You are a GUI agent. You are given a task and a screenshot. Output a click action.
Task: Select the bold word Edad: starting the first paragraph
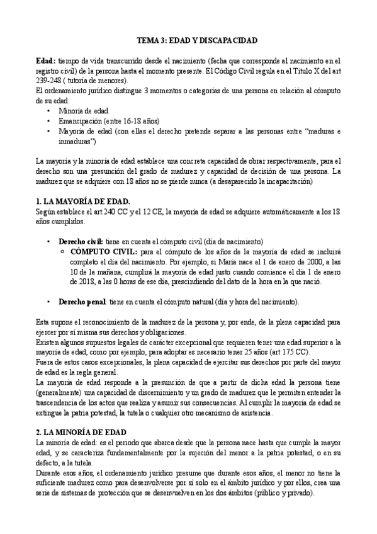pos(46,60)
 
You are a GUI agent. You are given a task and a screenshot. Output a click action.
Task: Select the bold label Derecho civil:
pos(82,241)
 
